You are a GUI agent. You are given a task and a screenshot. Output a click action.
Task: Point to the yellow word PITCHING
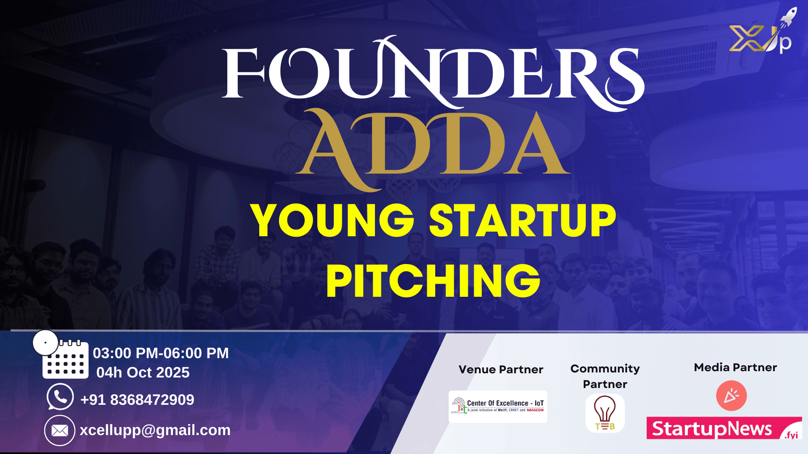(x=433, y=281)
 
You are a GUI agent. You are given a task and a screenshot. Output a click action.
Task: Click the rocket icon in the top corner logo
(x=788, y=17)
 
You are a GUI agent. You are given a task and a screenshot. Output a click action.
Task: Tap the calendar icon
(x=66, y=359)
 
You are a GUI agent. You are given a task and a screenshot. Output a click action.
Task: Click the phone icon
(x=60, y=396)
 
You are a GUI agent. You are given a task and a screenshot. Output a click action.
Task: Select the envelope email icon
(x=60, y=430)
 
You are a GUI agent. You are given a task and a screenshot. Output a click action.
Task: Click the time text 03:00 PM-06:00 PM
(x=161, y=353)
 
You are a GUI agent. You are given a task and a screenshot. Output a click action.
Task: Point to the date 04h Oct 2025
(x=143, y=372)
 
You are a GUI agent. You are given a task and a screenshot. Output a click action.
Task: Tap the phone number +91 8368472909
(x=137, y=400)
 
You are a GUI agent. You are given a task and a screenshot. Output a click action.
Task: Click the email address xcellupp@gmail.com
(x=155, y=430)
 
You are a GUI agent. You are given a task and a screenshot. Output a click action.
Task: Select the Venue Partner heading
(x=501, y=370)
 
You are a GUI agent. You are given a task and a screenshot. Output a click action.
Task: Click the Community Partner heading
(x=605, y=376)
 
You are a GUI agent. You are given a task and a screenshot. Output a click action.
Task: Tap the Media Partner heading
(x=735, y=367)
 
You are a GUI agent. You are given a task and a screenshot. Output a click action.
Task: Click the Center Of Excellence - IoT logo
(x=498, y=406)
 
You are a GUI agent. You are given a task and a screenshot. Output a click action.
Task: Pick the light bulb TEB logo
(x=605, y=413)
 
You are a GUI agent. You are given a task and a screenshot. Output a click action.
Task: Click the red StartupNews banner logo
(x=724, y=428)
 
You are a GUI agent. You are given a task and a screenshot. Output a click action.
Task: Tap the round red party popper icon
(x=731, y=396)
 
